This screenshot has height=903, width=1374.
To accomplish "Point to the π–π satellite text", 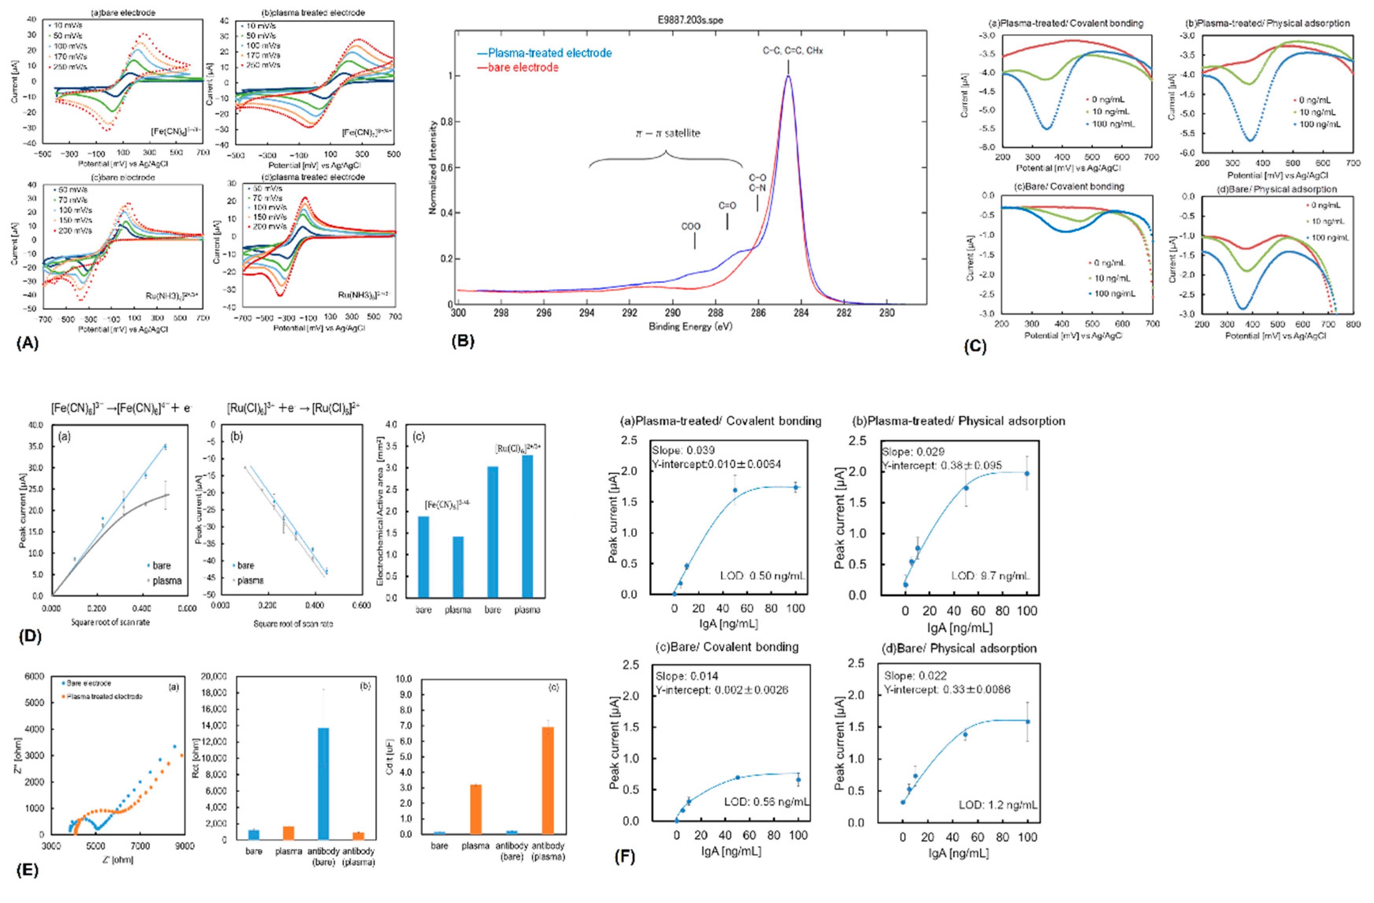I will tap(667, 133).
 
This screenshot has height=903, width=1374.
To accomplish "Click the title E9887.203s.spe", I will tap(690, 20).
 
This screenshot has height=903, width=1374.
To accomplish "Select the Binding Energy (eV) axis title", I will tap(690, 327).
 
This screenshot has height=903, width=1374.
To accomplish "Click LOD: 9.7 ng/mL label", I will tap(990, 576).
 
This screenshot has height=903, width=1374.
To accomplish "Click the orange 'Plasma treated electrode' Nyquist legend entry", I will tap(104, 696).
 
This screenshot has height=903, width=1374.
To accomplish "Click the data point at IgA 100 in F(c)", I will tap(798, 780).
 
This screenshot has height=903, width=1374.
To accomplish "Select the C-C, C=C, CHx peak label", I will tap(793, 51).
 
